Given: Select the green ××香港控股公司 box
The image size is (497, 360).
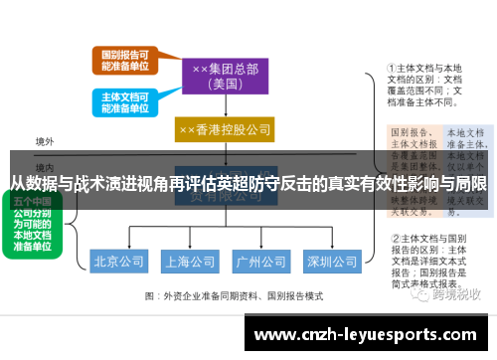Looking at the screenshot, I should click(x=225, y=130).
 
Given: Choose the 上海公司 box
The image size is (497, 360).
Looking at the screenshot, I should click(x=190, y=263).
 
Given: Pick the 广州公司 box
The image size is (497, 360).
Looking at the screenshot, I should click(x=260, y=263).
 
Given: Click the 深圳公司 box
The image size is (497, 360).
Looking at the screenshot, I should click(x=332, y=263).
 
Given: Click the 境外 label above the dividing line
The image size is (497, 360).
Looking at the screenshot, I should click(x=45, y=142).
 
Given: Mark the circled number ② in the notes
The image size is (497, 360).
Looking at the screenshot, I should click(x=393, y=239).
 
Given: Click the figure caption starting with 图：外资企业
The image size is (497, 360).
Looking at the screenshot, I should click(x=235, y=296).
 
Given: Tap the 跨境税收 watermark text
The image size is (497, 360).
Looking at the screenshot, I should click(x=454, y=294).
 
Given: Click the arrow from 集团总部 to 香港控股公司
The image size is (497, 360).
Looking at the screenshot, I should click(x=225, y=107).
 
